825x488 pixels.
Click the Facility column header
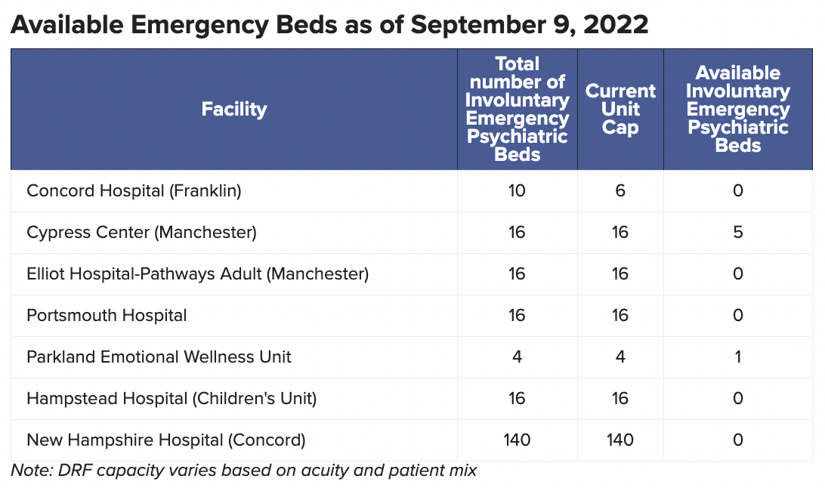pos(233,110)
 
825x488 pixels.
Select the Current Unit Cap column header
pos(620,110)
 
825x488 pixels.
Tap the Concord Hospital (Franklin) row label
pos(134,191)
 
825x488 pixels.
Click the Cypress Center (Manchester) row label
pos(141,233)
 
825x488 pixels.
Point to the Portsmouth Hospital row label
pos(107,315)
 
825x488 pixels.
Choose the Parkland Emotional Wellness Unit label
pos(159,357)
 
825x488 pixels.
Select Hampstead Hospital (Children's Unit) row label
pos(171,398)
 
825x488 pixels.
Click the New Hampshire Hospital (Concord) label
pos(165,440)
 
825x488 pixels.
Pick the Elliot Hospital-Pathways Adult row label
pos(197,273)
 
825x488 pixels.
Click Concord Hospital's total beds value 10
pos(517,191)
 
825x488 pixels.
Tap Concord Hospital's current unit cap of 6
pos(620,191)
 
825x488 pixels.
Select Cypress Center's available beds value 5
pos(738,233)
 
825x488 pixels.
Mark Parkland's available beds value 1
pos(738,357)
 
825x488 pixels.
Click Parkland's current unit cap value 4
pos(620,357)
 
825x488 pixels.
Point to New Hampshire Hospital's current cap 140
pos(620,440)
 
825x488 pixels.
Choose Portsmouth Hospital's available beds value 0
pos(738,315)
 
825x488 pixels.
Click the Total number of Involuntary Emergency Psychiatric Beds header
pos(518,110)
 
